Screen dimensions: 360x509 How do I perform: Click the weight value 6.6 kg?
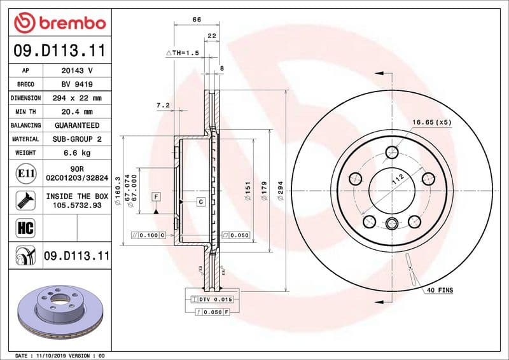point(77,153)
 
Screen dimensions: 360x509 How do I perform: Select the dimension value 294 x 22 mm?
point(77,98)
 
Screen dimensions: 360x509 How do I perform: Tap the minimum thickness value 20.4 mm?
point(77,112)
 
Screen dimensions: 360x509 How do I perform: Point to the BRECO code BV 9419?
point(77,85)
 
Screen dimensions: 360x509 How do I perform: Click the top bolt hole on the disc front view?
point(393,152)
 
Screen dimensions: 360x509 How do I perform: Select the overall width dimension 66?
point(197,20)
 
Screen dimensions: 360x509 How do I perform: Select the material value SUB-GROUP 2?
point(77,139)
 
